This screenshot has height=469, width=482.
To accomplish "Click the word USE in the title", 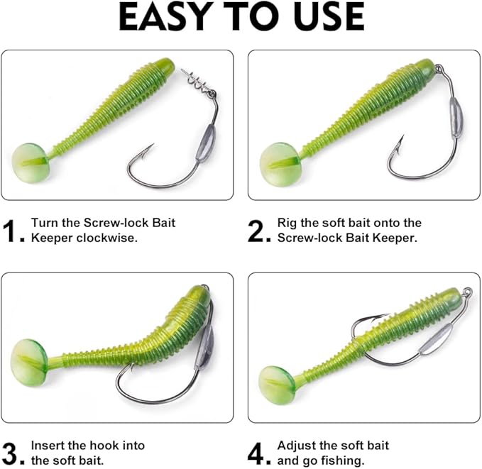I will (x=329, y=17).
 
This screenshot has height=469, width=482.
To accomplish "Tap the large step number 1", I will (x=15, y=231).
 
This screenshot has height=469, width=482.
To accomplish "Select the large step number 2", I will (x=257, y=231).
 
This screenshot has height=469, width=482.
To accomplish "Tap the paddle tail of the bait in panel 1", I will (x=31, y=162).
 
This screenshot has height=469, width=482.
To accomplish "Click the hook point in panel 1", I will (x=151, y=147).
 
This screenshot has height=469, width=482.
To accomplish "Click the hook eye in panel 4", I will (x=468, y=290).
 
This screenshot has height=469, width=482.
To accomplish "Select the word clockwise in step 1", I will (x=107, y=238).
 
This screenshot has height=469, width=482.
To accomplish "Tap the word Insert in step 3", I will (x=48, y=446).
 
